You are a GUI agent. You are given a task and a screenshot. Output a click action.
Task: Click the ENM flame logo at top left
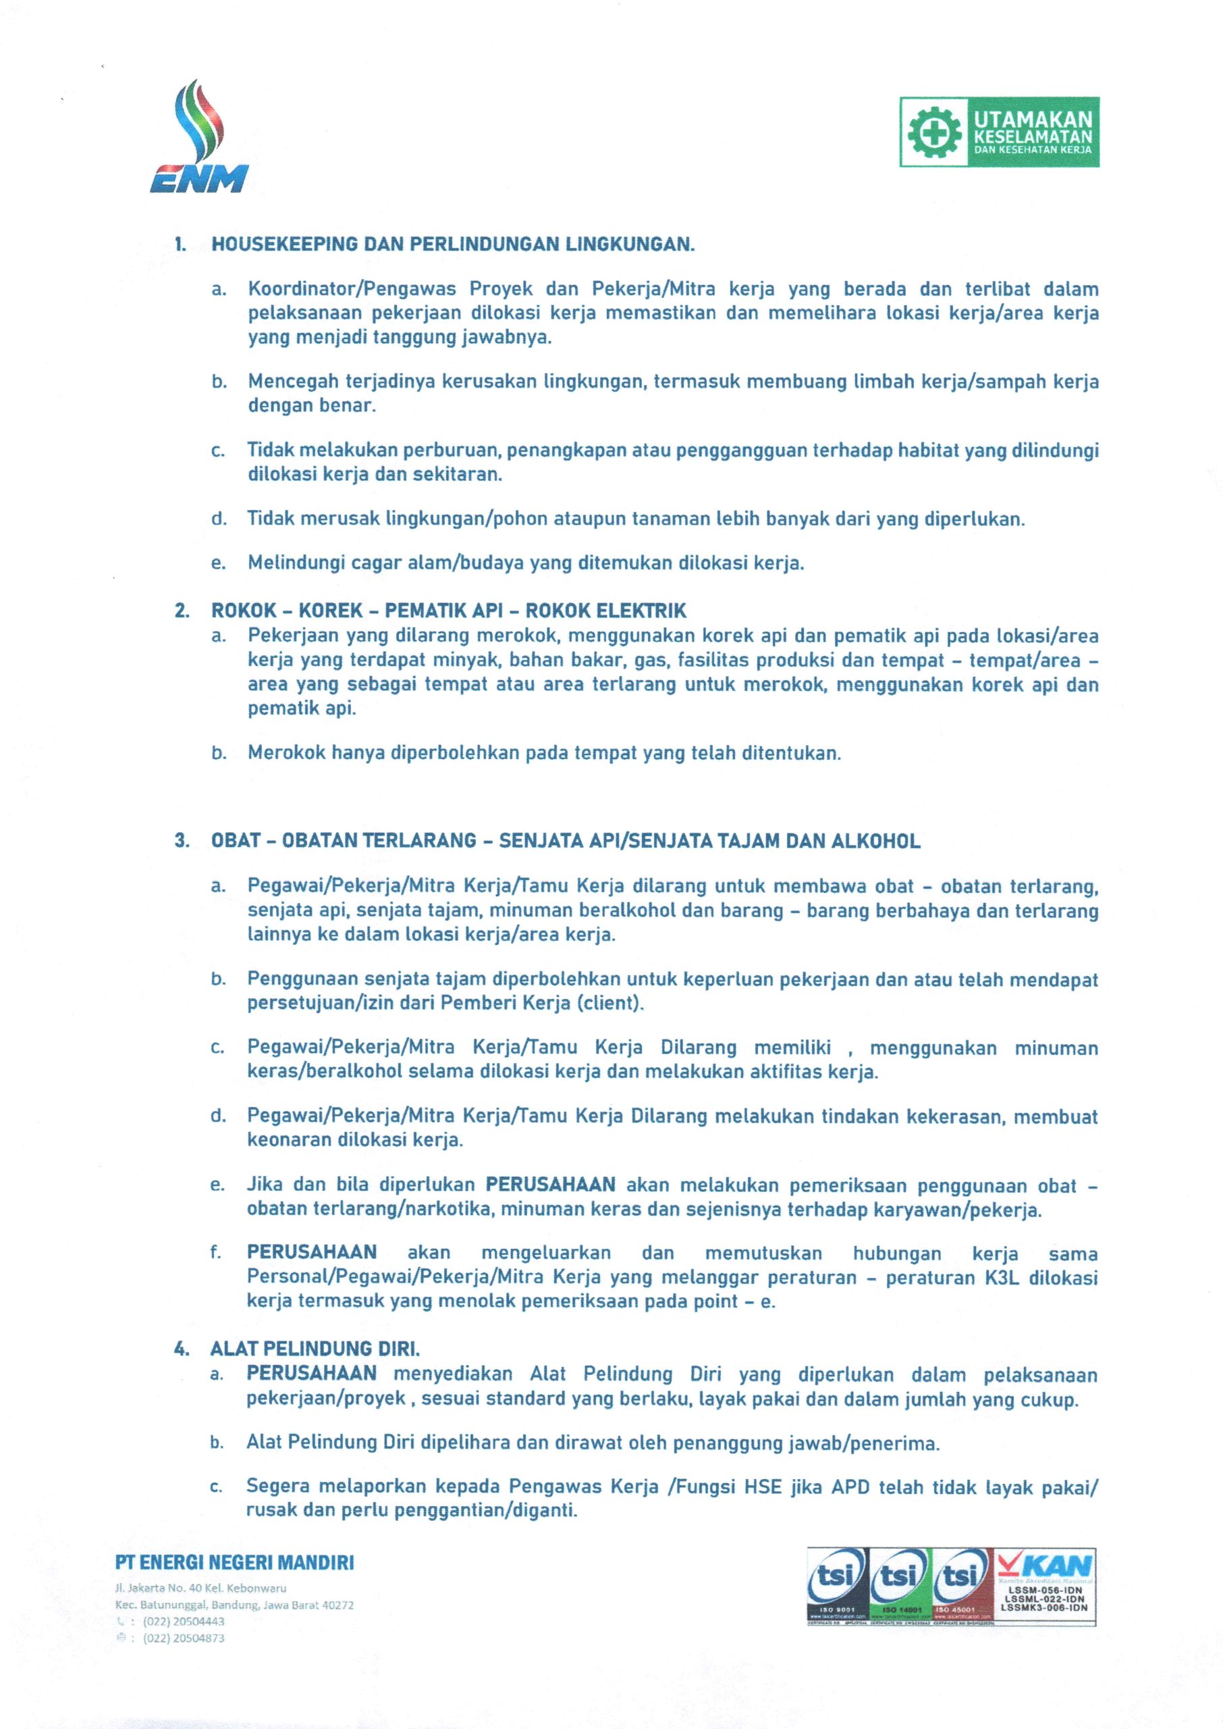[200, 139]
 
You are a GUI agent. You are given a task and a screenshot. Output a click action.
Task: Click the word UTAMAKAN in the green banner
[1032, 120]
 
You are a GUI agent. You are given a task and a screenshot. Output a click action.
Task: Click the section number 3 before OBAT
[182, 841]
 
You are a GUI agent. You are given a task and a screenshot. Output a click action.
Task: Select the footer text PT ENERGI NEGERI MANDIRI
[234, 1562]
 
